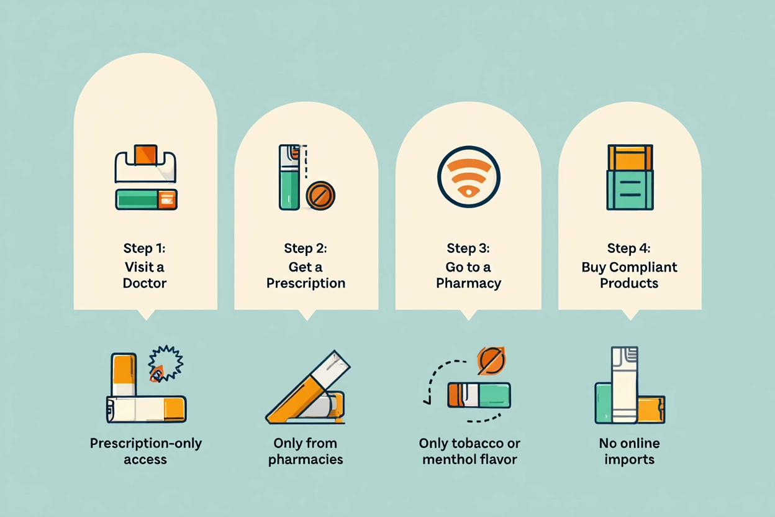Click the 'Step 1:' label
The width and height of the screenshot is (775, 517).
point(145,249)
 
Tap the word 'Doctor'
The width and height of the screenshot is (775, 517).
point(145,283)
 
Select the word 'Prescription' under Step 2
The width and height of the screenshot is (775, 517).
point(306,283)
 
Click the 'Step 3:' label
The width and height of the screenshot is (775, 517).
point(468,249)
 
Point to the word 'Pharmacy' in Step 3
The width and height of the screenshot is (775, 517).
point(468,283)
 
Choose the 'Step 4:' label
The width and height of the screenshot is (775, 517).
point(630,249)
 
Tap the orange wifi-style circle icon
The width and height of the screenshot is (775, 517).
point(468,176)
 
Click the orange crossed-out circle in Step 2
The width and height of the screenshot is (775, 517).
point(320,196)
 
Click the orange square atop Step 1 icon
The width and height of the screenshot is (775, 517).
point(146,155)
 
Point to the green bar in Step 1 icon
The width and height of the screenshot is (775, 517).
point(137,199)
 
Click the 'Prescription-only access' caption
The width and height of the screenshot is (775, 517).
point(145,452)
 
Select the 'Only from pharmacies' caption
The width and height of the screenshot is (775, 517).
point(306,452)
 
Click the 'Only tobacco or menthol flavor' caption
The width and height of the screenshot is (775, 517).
point(469,452)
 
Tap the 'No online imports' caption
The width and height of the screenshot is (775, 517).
point(629,452)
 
